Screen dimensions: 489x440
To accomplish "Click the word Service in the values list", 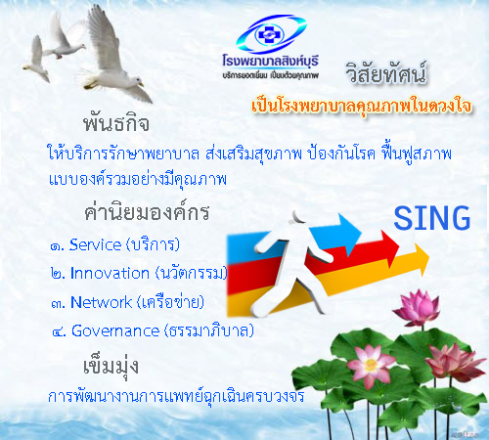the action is (x=95, y=244).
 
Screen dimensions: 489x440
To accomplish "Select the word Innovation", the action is (x=110, y=273).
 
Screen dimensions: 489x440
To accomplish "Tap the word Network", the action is (x=101, y=302).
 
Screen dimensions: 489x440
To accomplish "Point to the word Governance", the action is (x=115, y=330).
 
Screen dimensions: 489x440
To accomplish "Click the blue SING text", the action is (x=432, y=218).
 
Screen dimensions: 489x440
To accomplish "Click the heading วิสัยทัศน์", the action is (x=386, y=73).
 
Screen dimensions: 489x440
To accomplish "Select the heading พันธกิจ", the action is (x=116, y=123).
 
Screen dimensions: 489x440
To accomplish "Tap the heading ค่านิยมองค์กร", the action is (x=147, y=212).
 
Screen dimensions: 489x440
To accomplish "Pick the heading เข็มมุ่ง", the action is (x=111, y=367).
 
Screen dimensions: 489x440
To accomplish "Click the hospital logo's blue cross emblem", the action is (x=269, y=34).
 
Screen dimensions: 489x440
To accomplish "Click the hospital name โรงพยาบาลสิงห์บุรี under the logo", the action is (x=270, y=61).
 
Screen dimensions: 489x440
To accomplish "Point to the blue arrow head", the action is (x=349, y=234).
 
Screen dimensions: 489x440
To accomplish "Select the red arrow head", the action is (x=390, y=247).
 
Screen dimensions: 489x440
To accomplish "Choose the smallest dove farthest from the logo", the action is (x=36, y=61).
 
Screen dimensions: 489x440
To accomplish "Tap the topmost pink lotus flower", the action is (x=418, y=307).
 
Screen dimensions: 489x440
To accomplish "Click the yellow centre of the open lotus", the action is (x=371, y=365).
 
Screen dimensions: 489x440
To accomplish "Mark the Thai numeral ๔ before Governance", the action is (x=59, y=332).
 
